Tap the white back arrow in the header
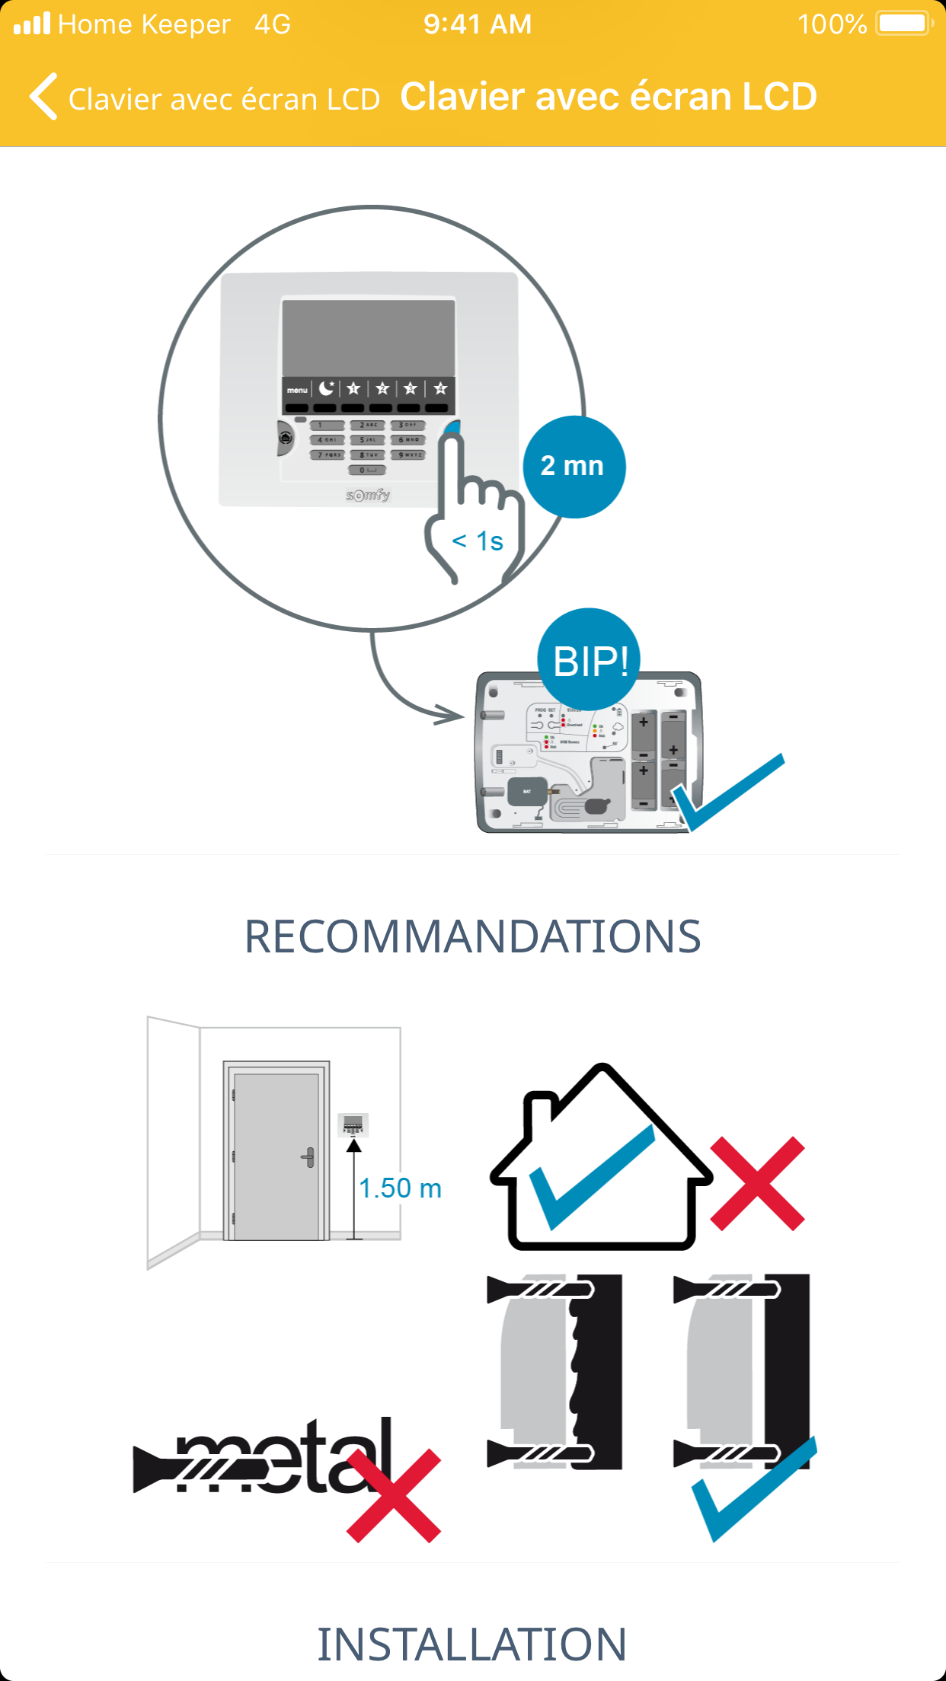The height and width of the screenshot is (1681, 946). pos(44,97)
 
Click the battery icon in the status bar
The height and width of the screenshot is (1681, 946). pos(903,24)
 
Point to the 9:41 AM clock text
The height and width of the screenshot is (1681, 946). pos(478,24)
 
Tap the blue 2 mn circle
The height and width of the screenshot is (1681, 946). pos(574,466)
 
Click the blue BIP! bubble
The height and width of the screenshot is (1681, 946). pos(589,659)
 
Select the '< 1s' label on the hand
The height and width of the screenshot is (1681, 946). pos(478,541)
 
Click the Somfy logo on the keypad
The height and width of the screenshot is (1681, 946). pos(369,496)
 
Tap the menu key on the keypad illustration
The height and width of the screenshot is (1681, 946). pos(297,390)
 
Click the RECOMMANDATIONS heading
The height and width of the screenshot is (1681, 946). pos(472,936)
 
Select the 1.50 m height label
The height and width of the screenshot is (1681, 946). pos(400,1188)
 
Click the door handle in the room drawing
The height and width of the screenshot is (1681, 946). pos(308,1158)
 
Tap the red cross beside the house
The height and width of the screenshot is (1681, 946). pos(757,1184)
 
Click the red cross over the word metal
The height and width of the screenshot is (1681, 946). pos(394,1495)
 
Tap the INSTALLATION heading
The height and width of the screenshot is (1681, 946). pos(472,1644)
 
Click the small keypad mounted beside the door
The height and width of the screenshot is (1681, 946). pos(353,1124)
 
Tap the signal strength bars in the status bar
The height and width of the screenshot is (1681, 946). pos(32,24)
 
